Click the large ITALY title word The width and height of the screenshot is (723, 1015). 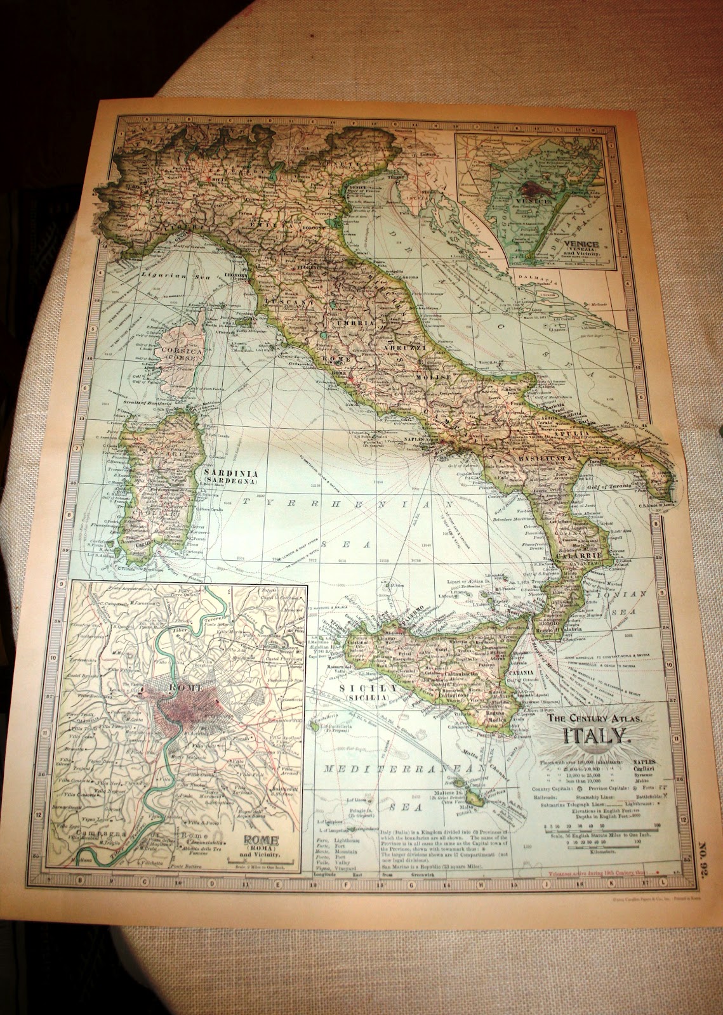(x=592, y=736)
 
